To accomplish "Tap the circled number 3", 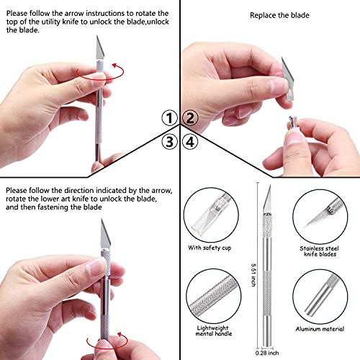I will pos(168,141).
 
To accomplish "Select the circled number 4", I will pos(191,141).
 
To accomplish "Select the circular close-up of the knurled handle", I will pos(215,296).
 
